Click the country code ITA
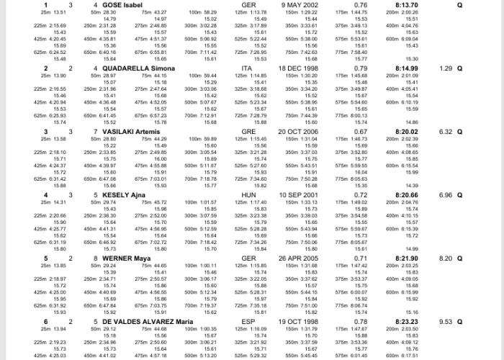[247, 68]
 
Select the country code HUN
[248, 195]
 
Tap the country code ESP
[248, 321]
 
